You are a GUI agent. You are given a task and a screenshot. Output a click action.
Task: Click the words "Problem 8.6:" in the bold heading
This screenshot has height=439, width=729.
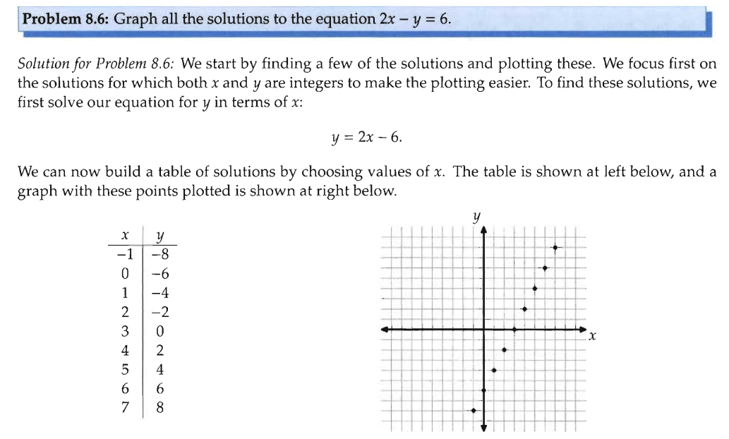pyautogui.click(x=66, y=18)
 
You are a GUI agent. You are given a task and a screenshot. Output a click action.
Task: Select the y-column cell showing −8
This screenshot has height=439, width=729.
pyautogui.click(x=159, y=253)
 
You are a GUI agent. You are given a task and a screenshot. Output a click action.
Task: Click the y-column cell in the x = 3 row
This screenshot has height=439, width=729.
pyautogui.click(x=159, y=330)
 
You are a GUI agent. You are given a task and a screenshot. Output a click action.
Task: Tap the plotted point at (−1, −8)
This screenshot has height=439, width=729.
pyautogui.click(x=474, y=411)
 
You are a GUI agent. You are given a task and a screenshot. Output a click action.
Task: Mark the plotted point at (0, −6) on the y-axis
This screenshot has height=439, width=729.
pyautogui.click(x=484, y=390)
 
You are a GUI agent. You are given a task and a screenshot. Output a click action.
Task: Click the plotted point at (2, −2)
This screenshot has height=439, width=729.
pyautogui.click(x=505, y=350)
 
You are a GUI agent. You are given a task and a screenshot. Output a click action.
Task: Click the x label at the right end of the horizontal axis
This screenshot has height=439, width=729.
pyautogui.click(x=593, y=338)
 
